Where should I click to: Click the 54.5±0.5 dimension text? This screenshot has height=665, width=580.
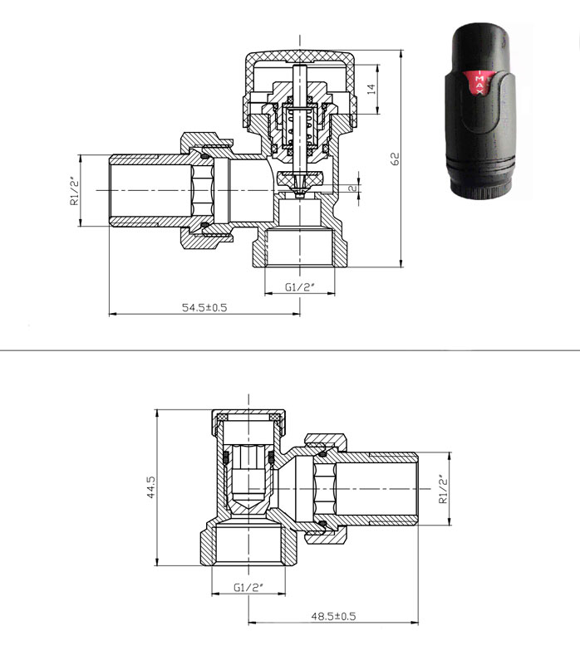pos(204,307)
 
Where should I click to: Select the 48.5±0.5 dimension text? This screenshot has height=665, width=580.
pos(333,616)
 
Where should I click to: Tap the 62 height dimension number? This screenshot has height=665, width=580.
pos(395,159)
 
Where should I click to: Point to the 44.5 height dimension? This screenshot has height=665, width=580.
pos(151,487)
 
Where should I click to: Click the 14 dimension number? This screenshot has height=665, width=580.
pos(371,89)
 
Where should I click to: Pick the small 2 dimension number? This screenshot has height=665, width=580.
pos(353,188)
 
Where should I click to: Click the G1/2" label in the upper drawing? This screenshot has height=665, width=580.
pos(300,287)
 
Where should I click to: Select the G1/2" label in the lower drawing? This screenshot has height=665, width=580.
pos(248,588)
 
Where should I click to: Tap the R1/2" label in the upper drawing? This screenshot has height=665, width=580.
pos(75,191)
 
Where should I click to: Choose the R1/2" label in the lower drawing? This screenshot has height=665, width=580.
pos(443,488)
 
